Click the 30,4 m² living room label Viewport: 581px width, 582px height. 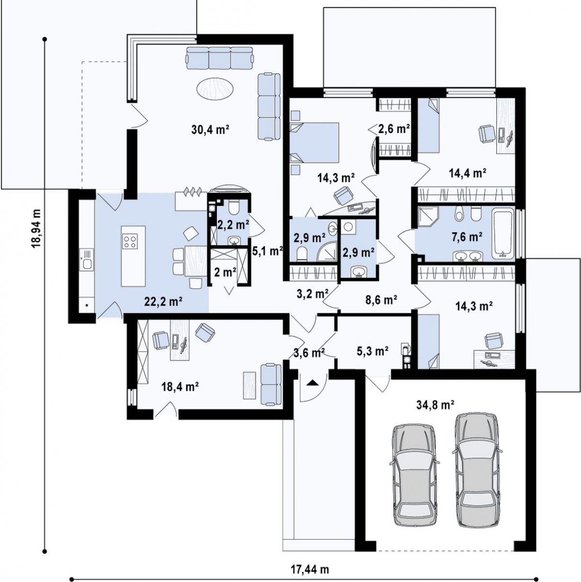(x=210, y=130)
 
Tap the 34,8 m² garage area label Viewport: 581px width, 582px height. (x=435, y=404)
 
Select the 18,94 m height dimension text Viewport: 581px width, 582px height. (x=36, y=229)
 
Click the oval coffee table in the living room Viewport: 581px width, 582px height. (x=215, y=89)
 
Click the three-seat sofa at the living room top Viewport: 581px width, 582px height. (x=220, y=58)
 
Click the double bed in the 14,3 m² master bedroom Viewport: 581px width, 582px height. (x=314, y=142)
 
